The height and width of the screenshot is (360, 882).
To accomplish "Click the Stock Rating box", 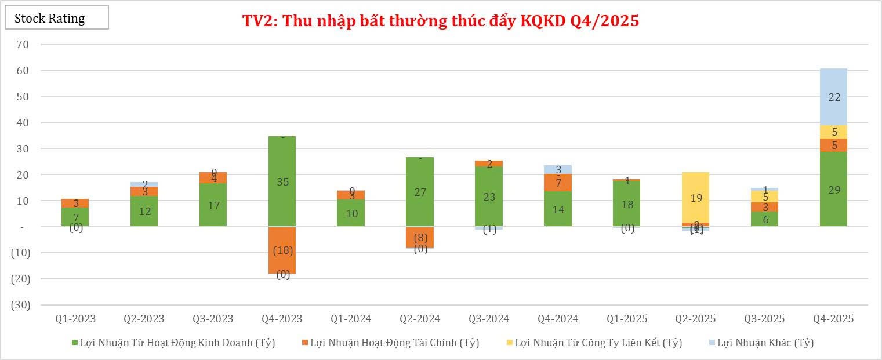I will click(56, 17).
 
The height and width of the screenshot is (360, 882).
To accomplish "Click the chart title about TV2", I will click(440, 21).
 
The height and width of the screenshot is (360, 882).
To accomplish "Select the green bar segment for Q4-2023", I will click(282, 181).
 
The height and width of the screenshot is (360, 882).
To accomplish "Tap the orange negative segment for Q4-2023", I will click(282, 250).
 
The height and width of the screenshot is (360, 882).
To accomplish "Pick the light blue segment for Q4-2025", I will click(833, 97).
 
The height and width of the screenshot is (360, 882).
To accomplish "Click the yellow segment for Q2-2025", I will click(695, 197).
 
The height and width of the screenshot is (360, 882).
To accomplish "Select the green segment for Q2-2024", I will click(420, 191).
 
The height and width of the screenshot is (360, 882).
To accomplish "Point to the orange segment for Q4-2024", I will click(558, 183).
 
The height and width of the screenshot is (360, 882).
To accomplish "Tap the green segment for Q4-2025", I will click(833, 189).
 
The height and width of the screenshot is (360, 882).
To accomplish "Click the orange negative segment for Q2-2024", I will click(420, 237).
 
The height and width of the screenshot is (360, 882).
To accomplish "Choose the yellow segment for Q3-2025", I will click(764, 197).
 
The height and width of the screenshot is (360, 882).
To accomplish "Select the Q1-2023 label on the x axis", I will click(75, 319).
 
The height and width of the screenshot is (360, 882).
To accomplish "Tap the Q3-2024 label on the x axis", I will click(489, 319).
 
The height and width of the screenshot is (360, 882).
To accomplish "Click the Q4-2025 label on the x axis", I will click(833, 319).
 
